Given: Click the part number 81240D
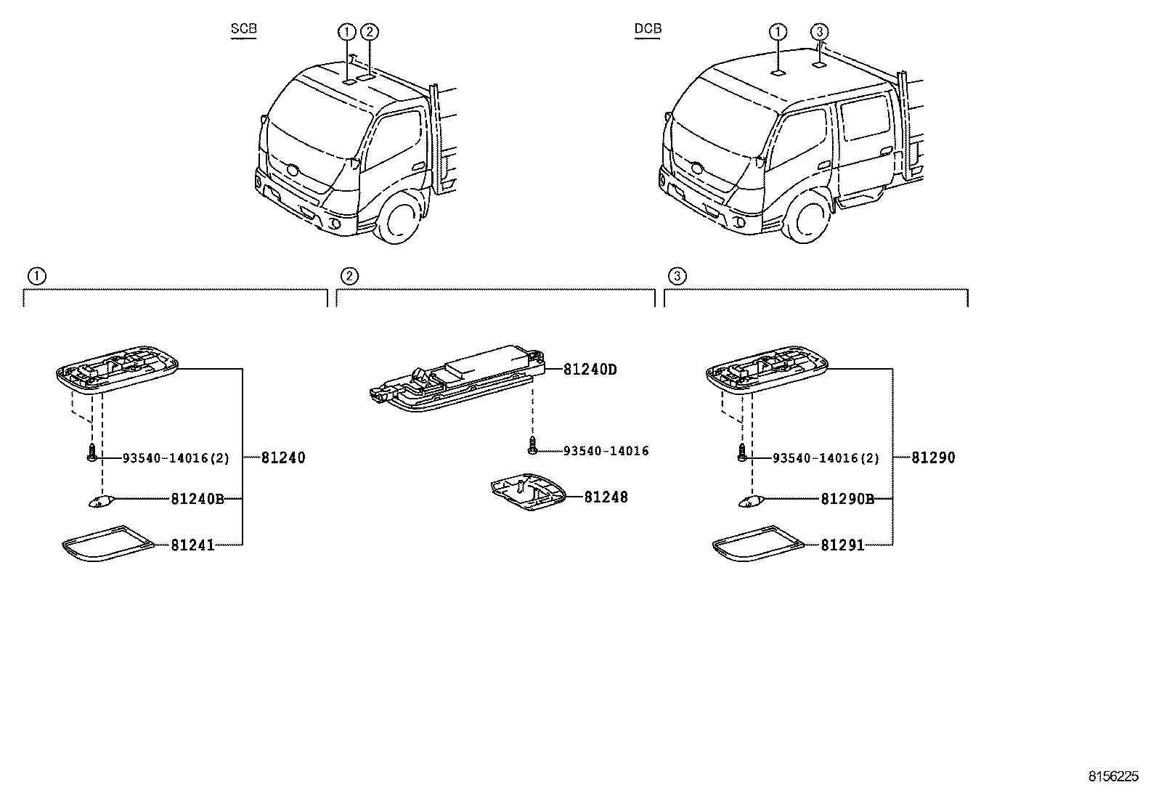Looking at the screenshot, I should point(590,370).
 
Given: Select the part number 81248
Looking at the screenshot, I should point(606,497).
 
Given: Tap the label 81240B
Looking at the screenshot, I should point(198,500).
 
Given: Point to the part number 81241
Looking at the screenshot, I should point(192,545).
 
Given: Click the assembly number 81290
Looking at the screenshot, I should point(933,458).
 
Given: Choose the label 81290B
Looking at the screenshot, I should point(847,500).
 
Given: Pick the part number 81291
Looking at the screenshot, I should point(842,545).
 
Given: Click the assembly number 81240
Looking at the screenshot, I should point(283,458).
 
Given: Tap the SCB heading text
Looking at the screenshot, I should point(243,30).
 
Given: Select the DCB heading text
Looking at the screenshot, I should point(648,30).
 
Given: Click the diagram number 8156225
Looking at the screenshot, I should point(1112,775).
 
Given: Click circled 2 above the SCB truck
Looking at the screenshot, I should point(370,31).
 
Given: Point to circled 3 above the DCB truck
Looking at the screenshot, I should point(819,31).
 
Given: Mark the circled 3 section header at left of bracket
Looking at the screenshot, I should point(676,276).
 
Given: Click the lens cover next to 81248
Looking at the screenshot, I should point(528,493).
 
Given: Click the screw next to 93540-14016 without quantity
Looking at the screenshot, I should point(533,445).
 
